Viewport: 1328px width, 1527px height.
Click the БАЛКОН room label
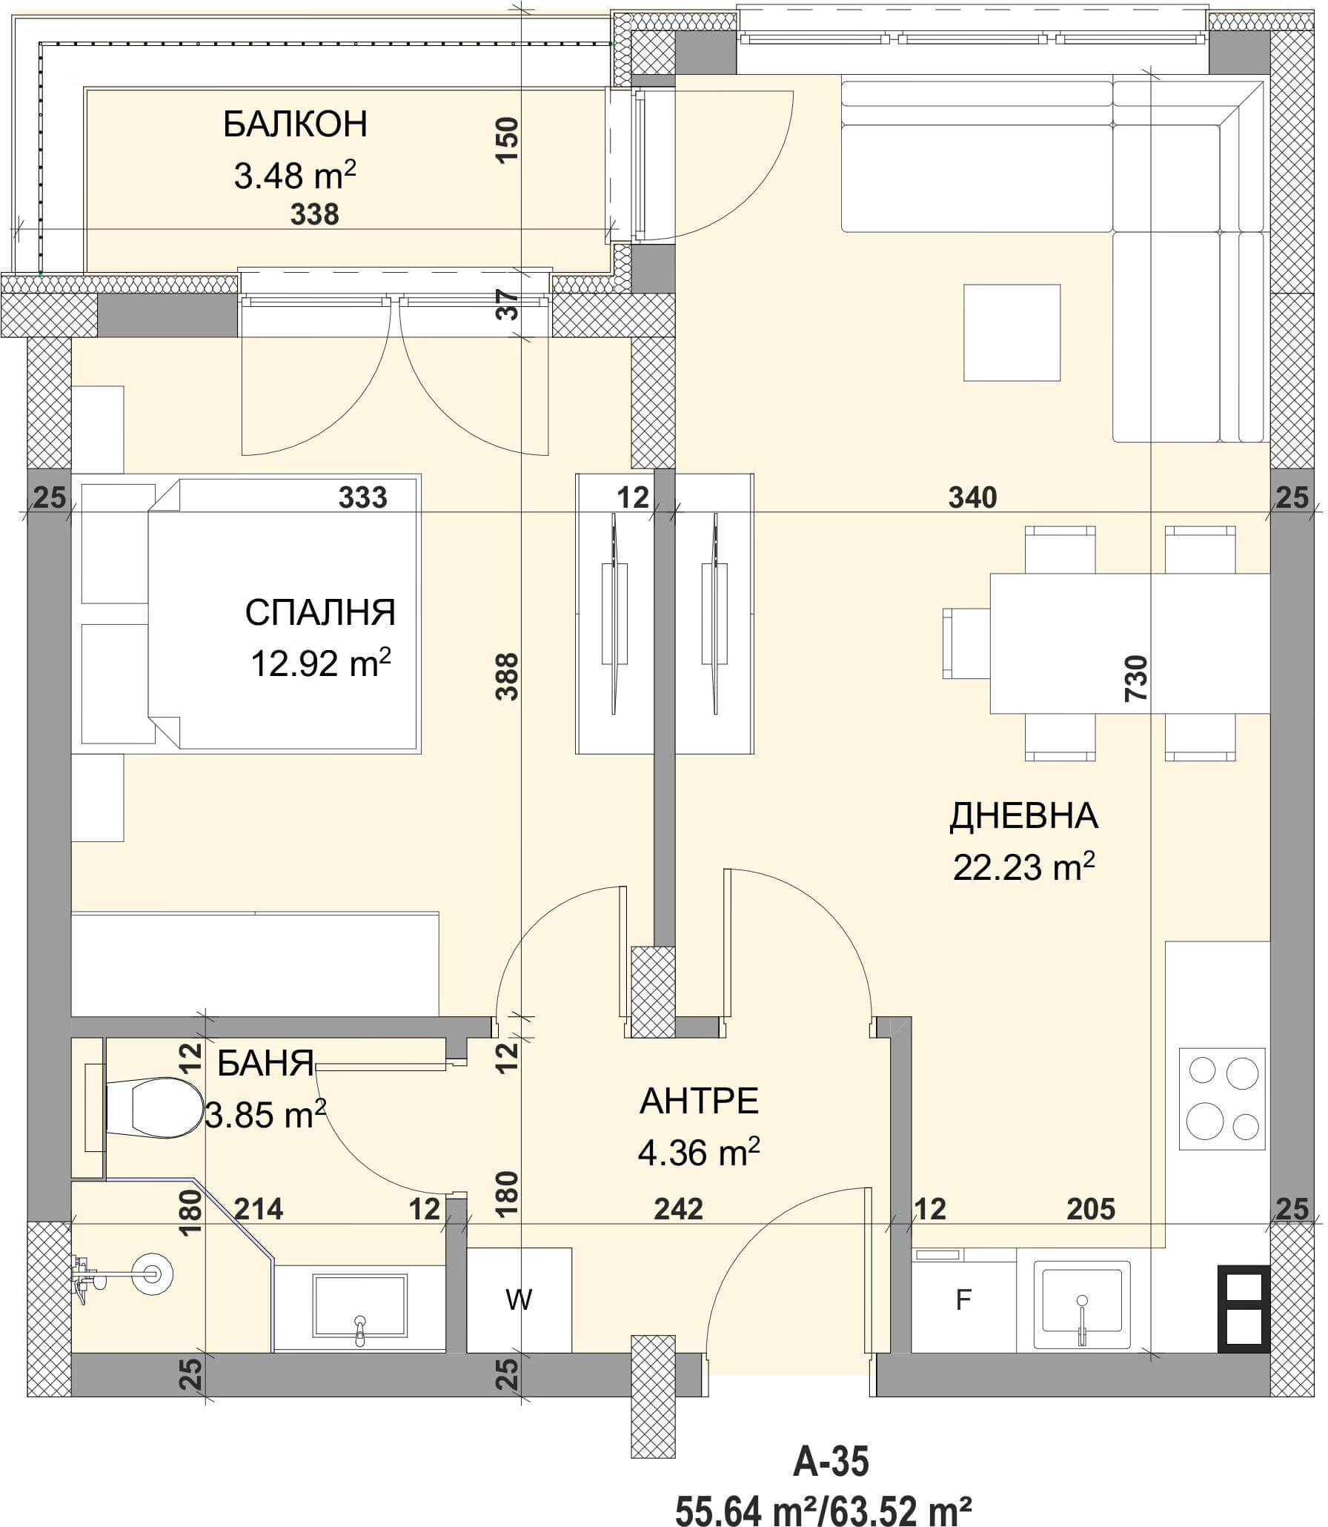click(295, 125)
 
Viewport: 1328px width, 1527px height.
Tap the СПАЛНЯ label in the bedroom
click(320, 613)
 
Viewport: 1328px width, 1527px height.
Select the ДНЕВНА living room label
click(1023, 816)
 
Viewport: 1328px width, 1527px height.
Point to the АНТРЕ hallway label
click(699, 1102)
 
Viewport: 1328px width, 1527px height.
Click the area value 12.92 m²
click(320, 663)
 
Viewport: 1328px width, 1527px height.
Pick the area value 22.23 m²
click(1023, 866)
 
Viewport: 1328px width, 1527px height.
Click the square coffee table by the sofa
click(1012, 333)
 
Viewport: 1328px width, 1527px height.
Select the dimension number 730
click(1136, 678)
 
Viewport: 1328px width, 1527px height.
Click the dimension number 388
click(508, 675)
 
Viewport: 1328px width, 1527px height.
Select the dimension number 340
click(972, 497)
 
